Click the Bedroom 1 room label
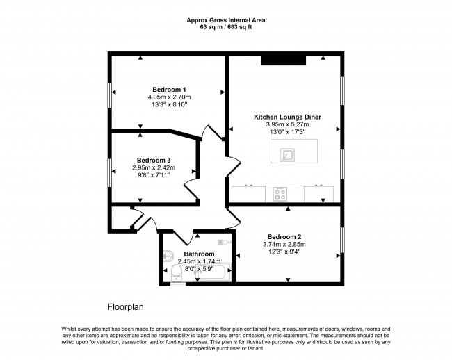pos(169,89)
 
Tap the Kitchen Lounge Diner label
pos(287,117)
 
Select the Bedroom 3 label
pos(154,160)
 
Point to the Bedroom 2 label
pos(284,237)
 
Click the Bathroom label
pos(199,254)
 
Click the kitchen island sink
pos(287,155)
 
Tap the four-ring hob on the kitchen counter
pos(280,194)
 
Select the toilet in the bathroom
pos(176,273)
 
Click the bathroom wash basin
pos(168,255)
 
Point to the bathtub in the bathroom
pos(212,272)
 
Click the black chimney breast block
pos(283,60)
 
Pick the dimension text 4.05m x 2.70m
pos(169,97)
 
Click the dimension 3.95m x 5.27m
pos(287,124)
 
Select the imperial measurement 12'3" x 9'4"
pos(284,252)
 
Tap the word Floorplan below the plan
pos(126,307)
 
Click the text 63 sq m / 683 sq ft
pos(226,27)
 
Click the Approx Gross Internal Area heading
pos(226,20)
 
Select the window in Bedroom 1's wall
pos(110,96)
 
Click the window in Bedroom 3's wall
pos(110,173)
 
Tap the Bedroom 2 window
pos(342,240)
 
